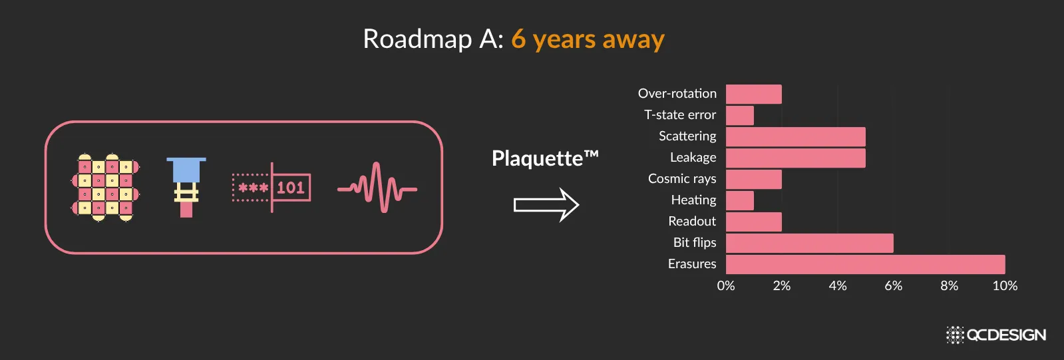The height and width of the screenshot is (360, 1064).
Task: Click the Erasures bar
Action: click(866, 264)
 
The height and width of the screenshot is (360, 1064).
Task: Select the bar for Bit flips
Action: click(809, 243)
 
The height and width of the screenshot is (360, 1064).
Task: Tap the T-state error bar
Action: click(739, 115)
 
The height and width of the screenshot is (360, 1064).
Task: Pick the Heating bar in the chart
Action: click(739, 200)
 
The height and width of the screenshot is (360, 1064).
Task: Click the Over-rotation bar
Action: click(754, 94)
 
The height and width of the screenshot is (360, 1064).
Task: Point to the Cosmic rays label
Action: click(682, 179)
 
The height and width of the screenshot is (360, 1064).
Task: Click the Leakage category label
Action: click(693, 158)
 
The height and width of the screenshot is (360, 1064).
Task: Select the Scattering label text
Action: click(687, 136)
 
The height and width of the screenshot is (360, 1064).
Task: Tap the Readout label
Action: click(692, 222)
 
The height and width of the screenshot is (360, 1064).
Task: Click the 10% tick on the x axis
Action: click(1005, 286)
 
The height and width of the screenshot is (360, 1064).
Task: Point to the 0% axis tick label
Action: click(726, 286)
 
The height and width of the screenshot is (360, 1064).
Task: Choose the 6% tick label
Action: click(894, 286)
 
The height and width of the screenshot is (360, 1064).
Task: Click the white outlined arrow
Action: click(546, 205)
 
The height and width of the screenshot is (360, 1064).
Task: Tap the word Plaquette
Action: click(537, 158)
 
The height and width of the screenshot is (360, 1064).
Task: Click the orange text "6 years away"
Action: click(588, 39)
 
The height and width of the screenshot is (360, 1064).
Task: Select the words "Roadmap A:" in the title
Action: click(433, 39)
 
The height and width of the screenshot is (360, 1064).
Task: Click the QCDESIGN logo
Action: click(996, 335)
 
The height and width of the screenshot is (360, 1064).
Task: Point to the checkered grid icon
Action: click(105, 188)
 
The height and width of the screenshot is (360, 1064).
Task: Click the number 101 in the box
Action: click(291, 188)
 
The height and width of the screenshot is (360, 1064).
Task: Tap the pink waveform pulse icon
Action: click(377, 188)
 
